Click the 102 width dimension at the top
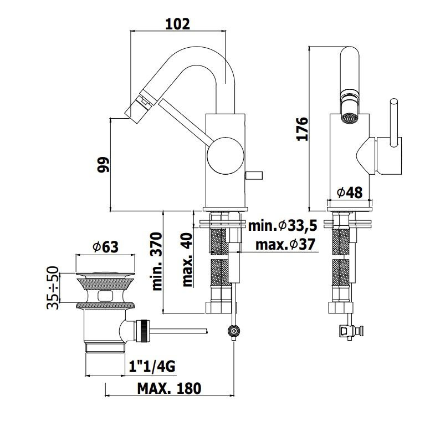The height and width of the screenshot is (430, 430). [x=177, y=24]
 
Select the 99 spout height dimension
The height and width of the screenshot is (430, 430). [x=103, y=164]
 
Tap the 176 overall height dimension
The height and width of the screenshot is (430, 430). [x=302, y=129]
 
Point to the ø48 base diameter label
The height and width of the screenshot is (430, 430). [x=350, y=193]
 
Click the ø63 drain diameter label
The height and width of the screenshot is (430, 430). [x=106, y=247]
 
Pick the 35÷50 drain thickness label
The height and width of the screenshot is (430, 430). [x=53, y=287]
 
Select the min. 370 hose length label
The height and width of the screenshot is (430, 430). [x=157, y=261]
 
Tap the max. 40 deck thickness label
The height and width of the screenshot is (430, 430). [x=187, y=260]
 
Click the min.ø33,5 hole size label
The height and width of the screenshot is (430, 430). [x=283, y=226]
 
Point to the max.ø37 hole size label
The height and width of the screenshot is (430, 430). [x=285, y=244]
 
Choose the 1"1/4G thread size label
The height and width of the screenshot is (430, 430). [x=152, y=366]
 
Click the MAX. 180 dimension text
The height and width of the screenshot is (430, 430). [x=169, y=388]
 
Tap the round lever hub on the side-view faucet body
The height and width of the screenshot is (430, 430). [x=226, y=156]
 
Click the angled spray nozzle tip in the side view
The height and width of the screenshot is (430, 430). [x=137, y=105]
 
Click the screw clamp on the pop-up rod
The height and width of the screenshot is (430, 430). [x=234, y=331]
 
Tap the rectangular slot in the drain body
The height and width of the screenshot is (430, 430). [x=105, y=296]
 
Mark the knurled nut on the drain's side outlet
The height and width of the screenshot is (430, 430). [x=144, y=331]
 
